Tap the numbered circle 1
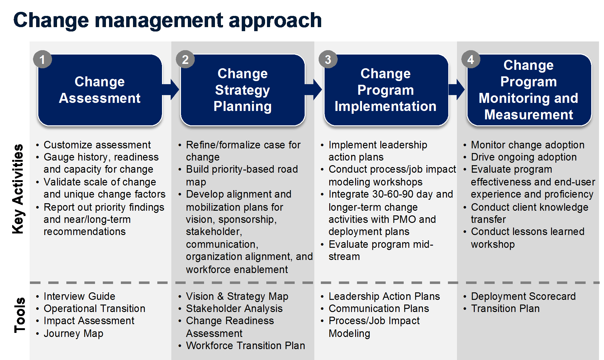pos(42,60)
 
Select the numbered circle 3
pos(328,60)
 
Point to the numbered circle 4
pos(471,60)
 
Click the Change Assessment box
pos(100,90)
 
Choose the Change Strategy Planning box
pos(243,90)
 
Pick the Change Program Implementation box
pos(386,90)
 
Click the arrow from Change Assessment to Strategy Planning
pos(171,89)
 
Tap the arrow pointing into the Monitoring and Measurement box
pos(457,89)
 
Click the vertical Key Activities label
pos(18,189)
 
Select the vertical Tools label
pos(19,315)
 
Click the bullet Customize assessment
pos(97,145)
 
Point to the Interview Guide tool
pos(79,296)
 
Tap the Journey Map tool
pos(74,334)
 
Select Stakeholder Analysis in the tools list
pos(234,309)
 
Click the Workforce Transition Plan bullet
pos(245,346)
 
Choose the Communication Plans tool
pos(379,309)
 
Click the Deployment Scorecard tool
pos(523,296)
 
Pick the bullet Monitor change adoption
pos(528,145)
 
